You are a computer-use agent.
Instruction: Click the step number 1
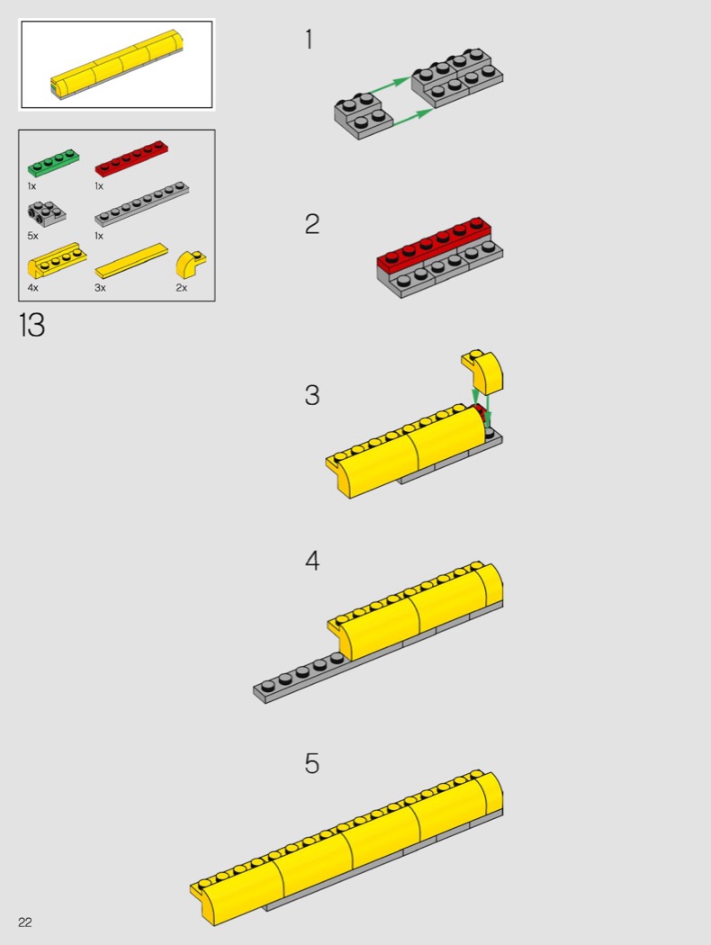click(309, 40)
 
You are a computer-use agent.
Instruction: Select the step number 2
click(312, 224)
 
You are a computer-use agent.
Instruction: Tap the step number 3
click(312, 395)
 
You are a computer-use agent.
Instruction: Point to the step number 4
click(312, 561)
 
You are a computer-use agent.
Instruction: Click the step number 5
click(312, 763)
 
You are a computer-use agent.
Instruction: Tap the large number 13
click(31, 325)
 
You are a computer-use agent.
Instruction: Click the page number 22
click(24, 922)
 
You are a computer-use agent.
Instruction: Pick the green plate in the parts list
click(53, 162)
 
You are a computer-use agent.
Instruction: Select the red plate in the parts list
click(131, 158)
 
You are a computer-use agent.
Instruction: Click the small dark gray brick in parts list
click(47, 214)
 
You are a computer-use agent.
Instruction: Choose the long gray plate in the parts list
click(141, 204)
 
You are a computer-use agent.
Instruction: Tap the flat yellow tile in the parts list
click(131, 261)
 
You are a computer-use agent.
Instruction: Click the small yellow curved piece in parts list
click(191, 264)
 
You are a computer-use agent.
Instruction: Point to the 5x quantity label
click(32, 236)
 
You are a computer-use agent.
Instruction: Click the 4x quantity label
click(32, 287)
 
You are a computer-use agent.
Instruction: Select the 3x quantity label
click(100, 287)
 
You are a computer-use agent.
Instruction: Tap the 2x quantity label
click(182, 287)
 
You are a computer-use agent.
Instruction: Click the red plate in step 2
click(434, 245)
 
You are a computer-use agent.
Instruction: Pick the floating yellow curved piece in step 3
click(482, 371)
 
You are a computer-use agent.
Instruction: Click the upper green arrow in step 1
click(390, 85)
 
